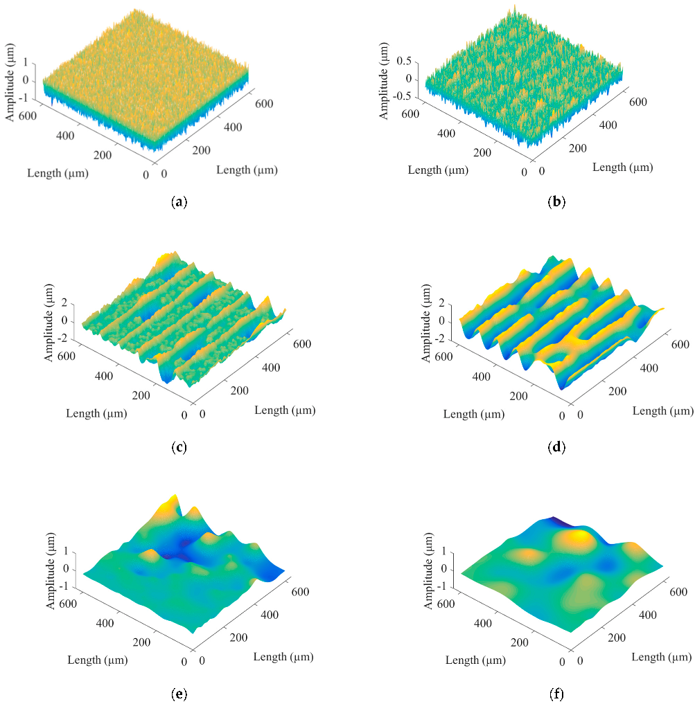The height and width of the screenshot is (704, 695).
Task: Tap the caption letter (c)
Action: click(x=179, y=447)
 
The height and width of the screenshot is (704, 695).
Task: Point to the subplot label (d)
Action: click(x=556, y=447)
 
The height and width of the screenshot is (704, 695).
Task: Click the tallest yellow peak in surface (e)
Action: click(x=175, y=498)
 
